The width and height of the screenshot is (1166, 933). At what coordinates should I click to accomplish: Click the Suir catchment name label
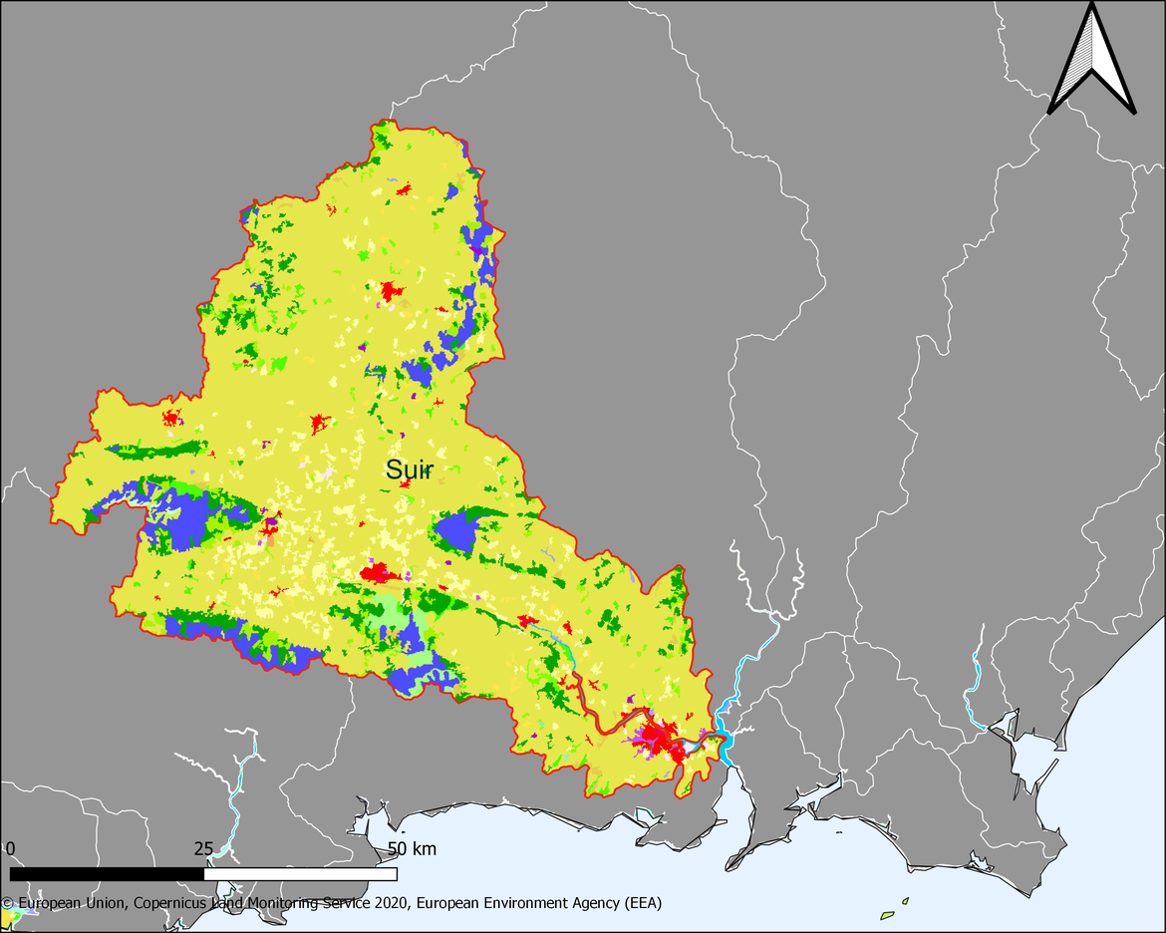[x=410, y=470]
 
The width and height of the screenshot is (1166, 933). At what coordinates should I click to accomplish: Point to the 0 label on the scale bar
[x=10, y=849]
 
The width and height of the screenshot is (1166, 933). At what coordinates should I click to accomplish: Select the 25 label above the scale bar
[x=203, y=849]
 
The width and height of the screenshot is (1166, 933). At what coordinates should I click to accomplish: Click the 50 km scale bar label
[x=411, y=849]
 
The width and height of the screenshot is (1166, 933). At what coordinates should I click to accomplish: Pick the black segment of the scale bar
[x=107, y=874]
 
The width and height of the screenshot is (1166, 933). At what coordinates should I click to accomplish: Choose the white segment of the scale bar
[x=300, y=874]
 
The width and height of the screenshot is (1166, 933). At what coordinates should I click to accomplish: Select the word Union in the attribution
[x=102, y=903]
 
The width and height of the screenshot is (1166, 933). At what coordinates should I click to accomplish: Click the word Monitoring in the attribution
[x=291, y=903]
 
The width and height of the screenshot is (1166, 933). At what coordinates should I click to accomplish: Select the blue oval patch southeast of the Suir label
[x=457, y=531]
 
